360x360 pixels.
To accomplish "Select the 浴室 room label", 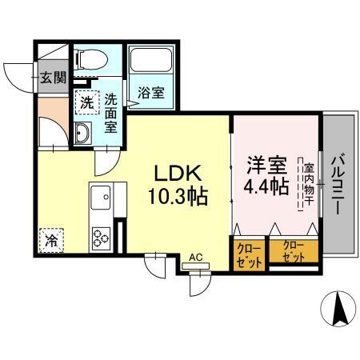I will tap(151, 93).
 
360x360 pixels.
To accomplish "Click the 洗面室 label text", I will tap(111, 112).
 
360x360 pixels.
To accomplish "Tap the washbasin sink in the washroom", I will tap(83, 132).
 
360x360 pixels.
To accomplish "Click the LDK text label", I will tap(180, 173).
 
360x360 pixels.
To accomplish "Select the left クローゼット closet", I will tap(249, 254).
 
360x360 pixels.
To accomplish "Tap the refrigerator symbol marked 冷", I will tap(50, 238).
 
